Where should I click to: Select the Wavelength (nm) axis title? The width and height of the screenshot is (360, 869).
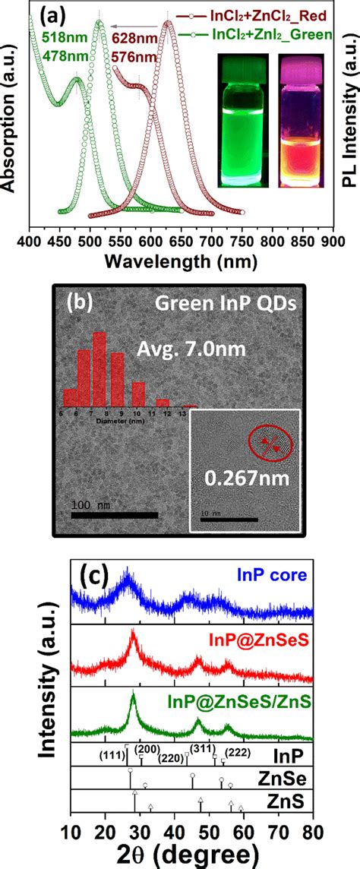180,262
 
